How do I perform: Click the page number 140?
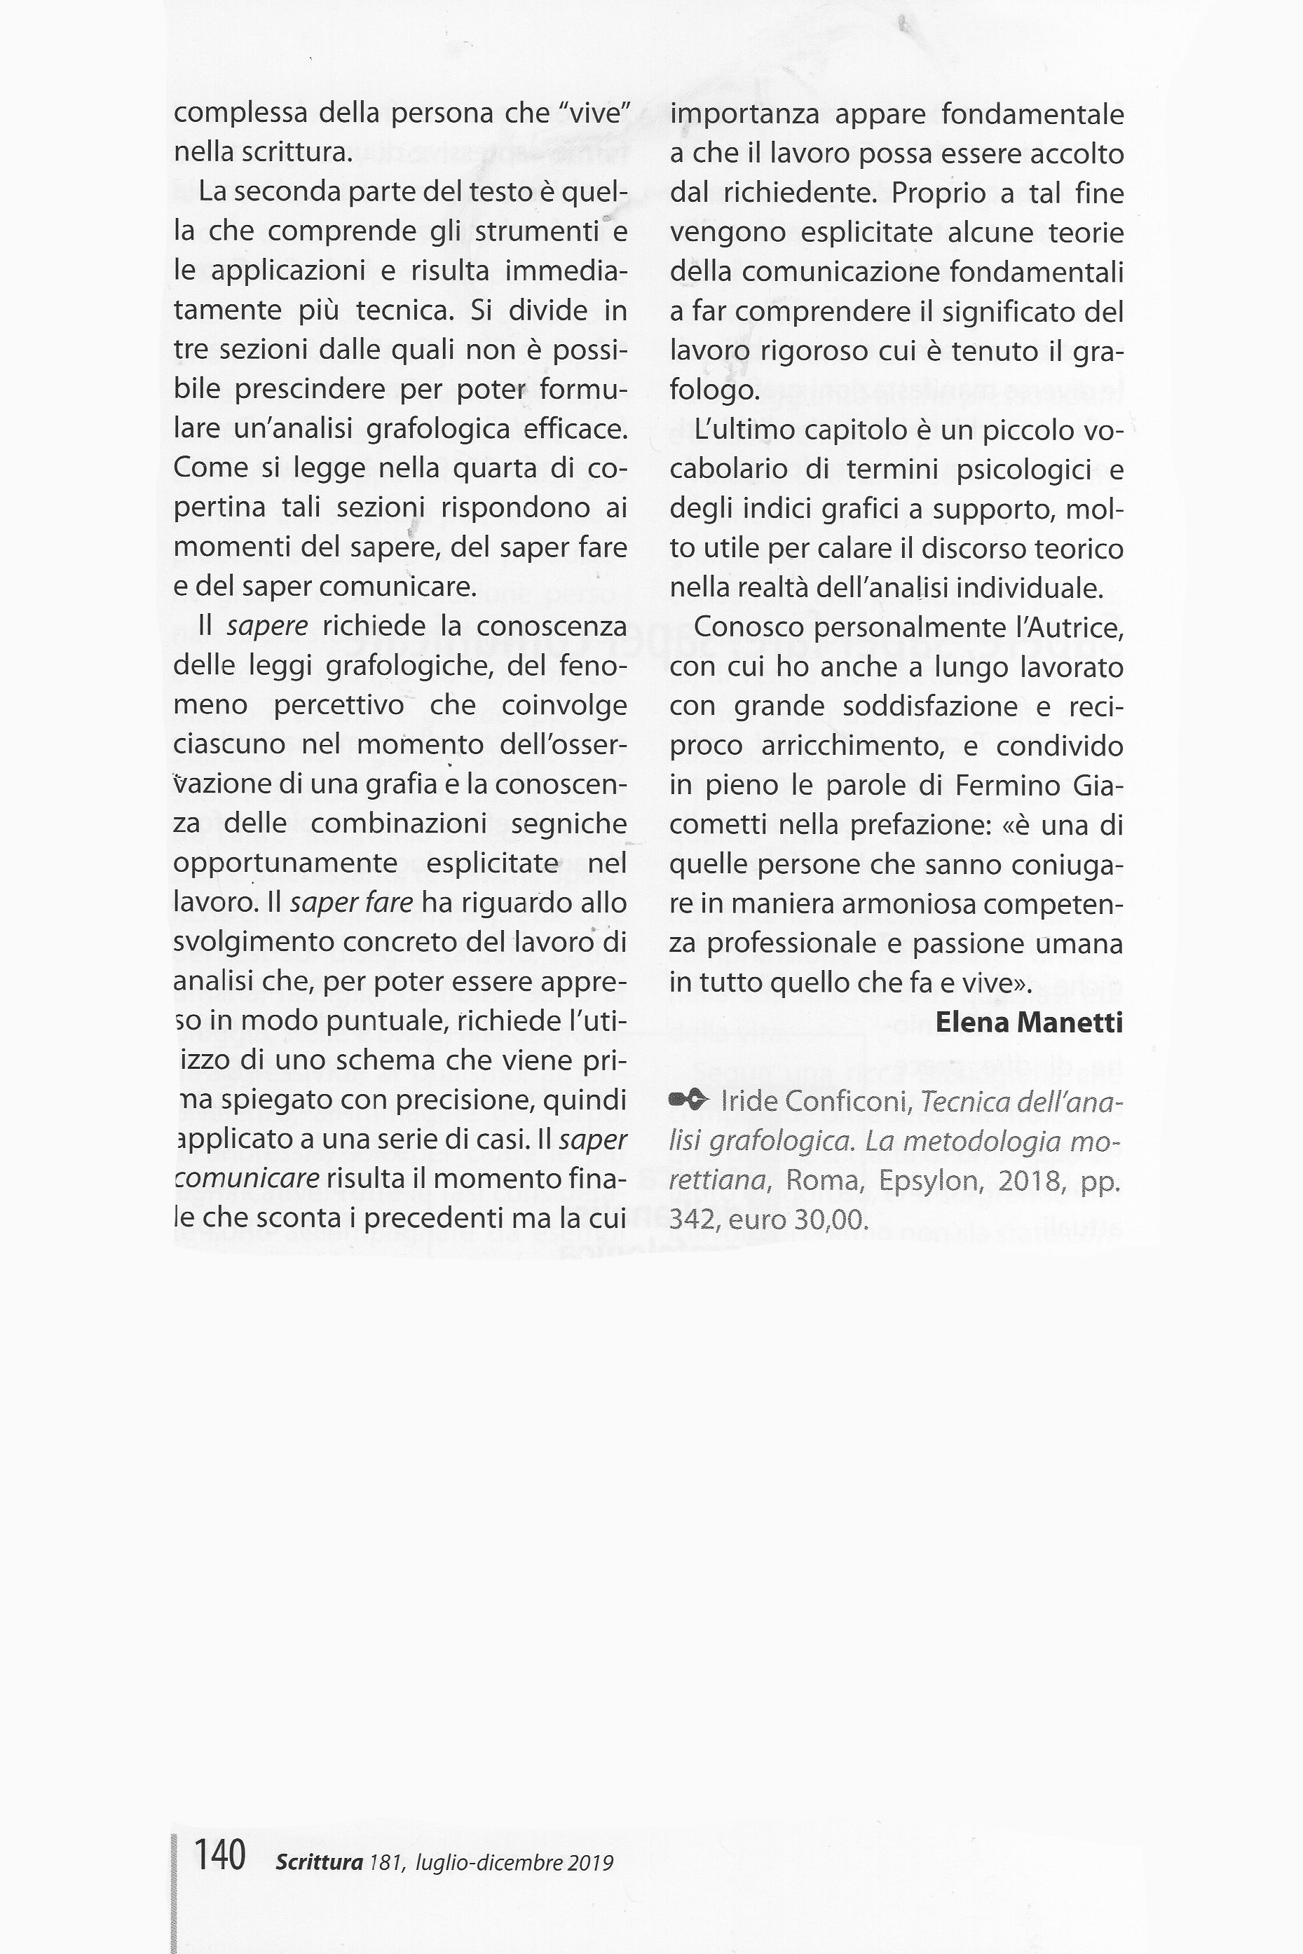(219, 1854)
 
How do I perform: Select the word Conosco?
(749, 627)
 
